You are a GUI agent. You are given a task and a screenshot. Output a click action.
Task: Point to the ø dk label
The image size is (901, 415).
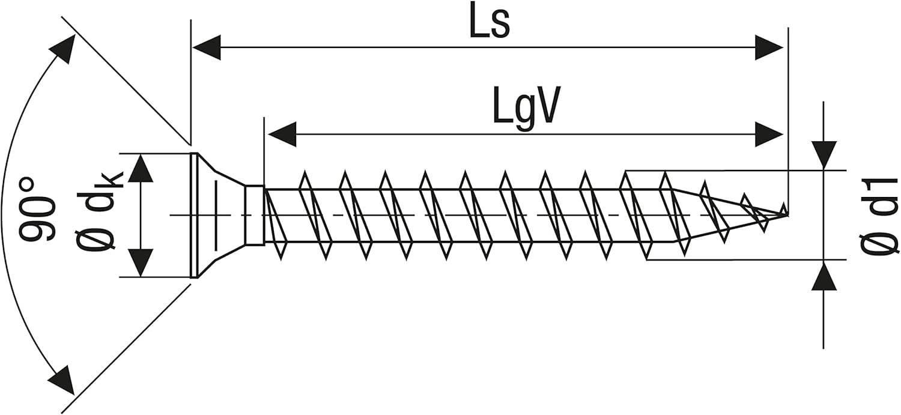click(x=97, y=210)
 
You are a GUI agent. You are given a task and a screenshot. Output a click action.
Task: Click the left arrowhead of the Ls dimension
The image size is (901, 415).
click(x=207, y=47)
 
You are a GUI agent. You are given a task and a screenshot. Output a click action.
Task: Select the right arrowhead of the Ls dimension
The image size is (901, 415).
click(x=769, y=47)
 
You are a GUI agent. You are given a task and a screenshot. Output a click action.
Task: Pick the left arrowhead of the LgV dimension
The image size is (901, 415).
click(x=282, y=134)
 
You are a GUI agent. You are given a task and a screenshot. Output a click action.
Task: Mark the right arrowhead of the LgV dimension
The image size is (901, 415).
click(x=769, y=134)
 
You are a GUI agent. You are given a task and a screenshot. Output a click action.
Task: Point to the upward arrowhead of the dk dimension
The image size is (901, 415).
click(x=141, y=168)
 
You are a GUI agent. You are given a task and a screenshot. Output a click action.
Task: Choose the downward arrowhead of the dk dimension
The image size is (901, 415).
click(x=141, y=263)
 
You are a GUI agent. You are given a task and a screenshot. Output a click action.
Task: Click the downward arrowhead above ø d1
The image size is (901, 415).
click(x=824, y=156)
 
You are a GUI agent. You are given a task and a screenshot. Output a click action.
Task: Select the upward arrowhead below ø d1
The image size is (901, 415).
click(x=824, y=275)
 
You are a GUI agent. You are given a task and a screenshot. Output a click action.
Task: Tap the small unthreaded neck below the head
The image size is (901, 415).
click(x=254, y=216)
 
